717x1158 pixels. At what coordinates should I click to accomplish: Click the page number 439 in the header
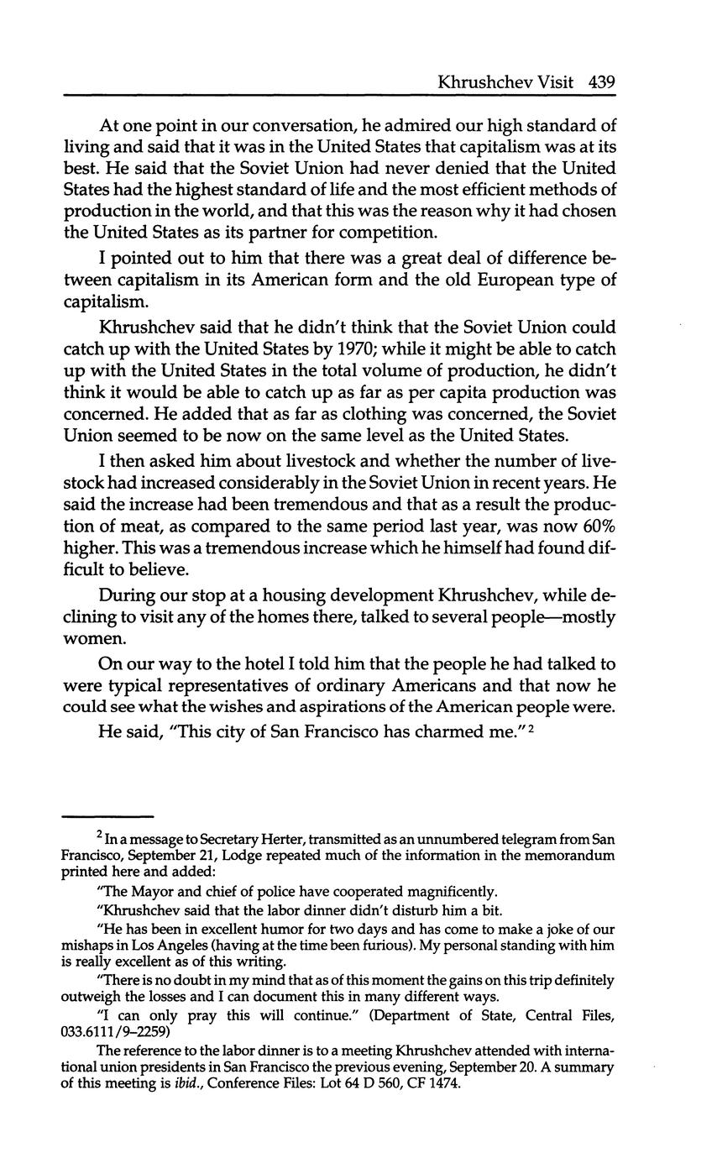point(602,81)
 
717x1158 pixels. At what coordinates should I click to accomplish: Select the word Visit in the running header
point(553,81)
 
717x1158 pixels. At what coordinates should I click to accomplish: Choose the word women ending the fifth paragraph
point(92,639)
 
